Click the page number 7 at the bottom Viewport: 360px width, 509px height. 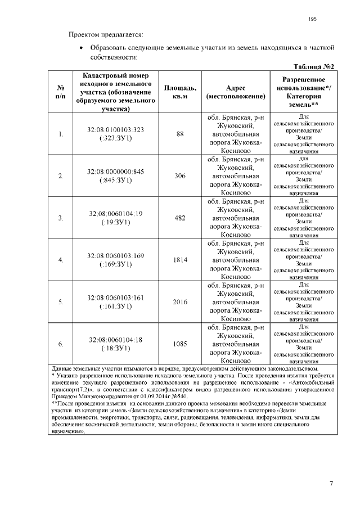[x=331, y=483]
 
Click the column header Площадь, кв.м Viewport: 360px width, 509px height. [x=180, y=92]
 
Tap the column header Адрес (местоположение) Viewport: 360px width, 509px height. [x=236, y=92]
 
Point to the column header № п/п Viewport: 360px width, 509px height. [x=60, y=92]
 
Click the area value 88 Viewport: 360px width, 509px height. [x=180, y=134]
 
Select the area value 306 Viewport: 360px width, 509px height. [x=180, y=176]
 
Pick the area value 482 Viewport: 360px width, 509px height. [x=180, y=218]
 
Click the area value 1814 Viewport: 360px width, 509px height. [x=180, y=260]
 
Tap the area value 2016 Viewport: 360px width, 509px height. [x=180, y=302]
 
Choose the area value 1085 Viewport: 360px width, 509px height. [x=180, y=344]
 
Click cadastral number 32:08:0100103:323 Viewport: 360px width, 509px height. [x=115, y=130]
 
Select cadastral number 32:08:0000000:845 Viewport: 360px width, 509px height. [x=115, y=172]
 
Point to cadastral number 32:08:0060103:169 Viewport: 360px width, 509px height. [x=115, y=255]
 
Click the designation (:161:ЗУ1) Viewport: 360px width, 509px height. [x=115, y=307]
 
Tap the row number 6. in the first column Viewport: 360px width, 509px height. [x=61, y=344]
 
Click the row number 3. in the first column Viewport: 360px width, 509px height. [x=61, y=218]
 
